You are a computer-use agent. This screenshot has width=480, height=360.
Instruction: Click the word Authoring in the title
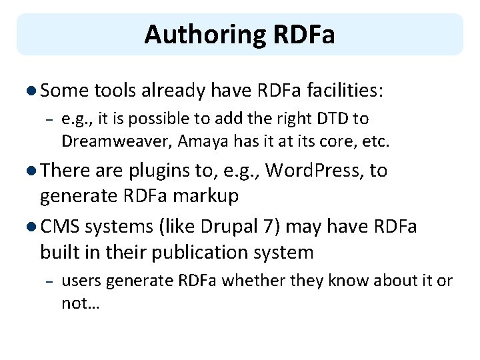[194, 34]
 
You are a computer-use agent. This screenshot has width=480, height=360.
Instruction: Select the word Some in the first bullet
[67, 91]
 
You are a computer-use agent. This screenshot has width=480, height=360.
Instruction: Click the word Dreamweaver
[111, 141]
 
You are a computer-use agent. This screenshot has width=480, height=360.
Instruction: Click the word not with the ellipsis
[79, 303]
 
